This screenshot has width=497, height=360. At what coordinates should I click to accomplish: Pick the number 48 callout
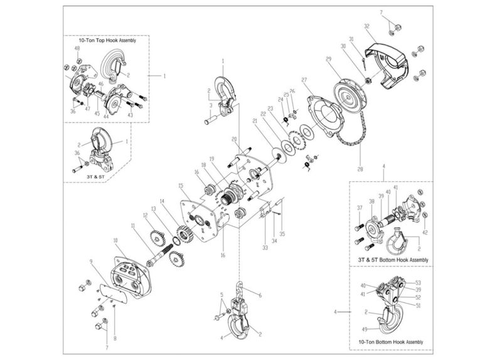pyautogui.click(x=77, y=48)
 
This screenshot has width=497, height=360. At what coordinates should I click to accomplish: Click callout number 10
pyautogui.click(x=115, y=240)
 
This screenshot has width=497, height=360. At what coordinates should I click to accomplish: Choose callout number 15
pyautogui.click(x=181, y=186)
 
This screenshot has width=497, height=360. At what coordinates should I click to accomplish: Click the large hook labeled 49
pyautogui.click(x=389, y=317)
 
